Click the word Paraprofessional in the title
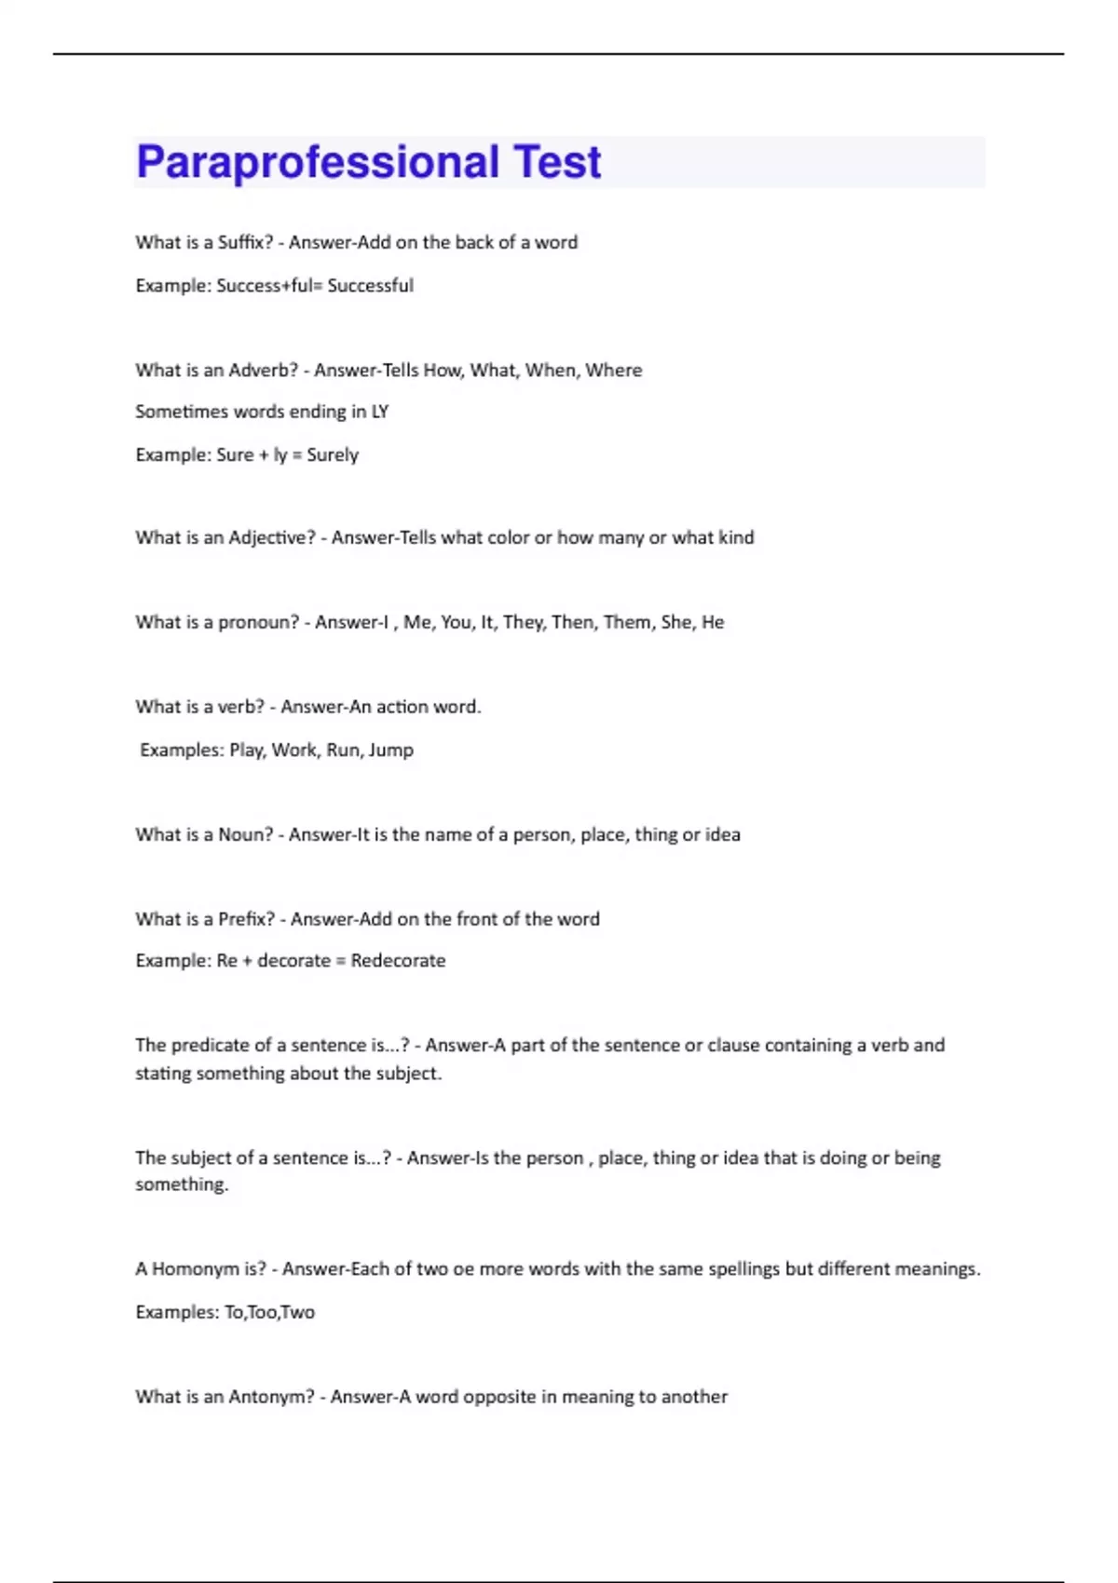click(x=318, y=162)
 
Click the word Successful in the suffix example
click(x=370, y=286)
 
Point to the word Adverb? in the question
click(x=264, y=371)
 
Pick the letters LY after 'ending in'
click(x=379, y=412)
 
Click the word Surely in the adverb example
click(x=333, y=455)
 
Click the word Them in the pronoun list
click(x=627, y=622)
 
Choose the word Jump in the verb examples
click(x=391, y=751)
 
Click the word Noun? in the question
click(x=246, y=835)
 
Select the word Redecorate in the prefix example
click(x=398, y=961)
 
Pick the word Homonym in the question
click(x=196, y=1269)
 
